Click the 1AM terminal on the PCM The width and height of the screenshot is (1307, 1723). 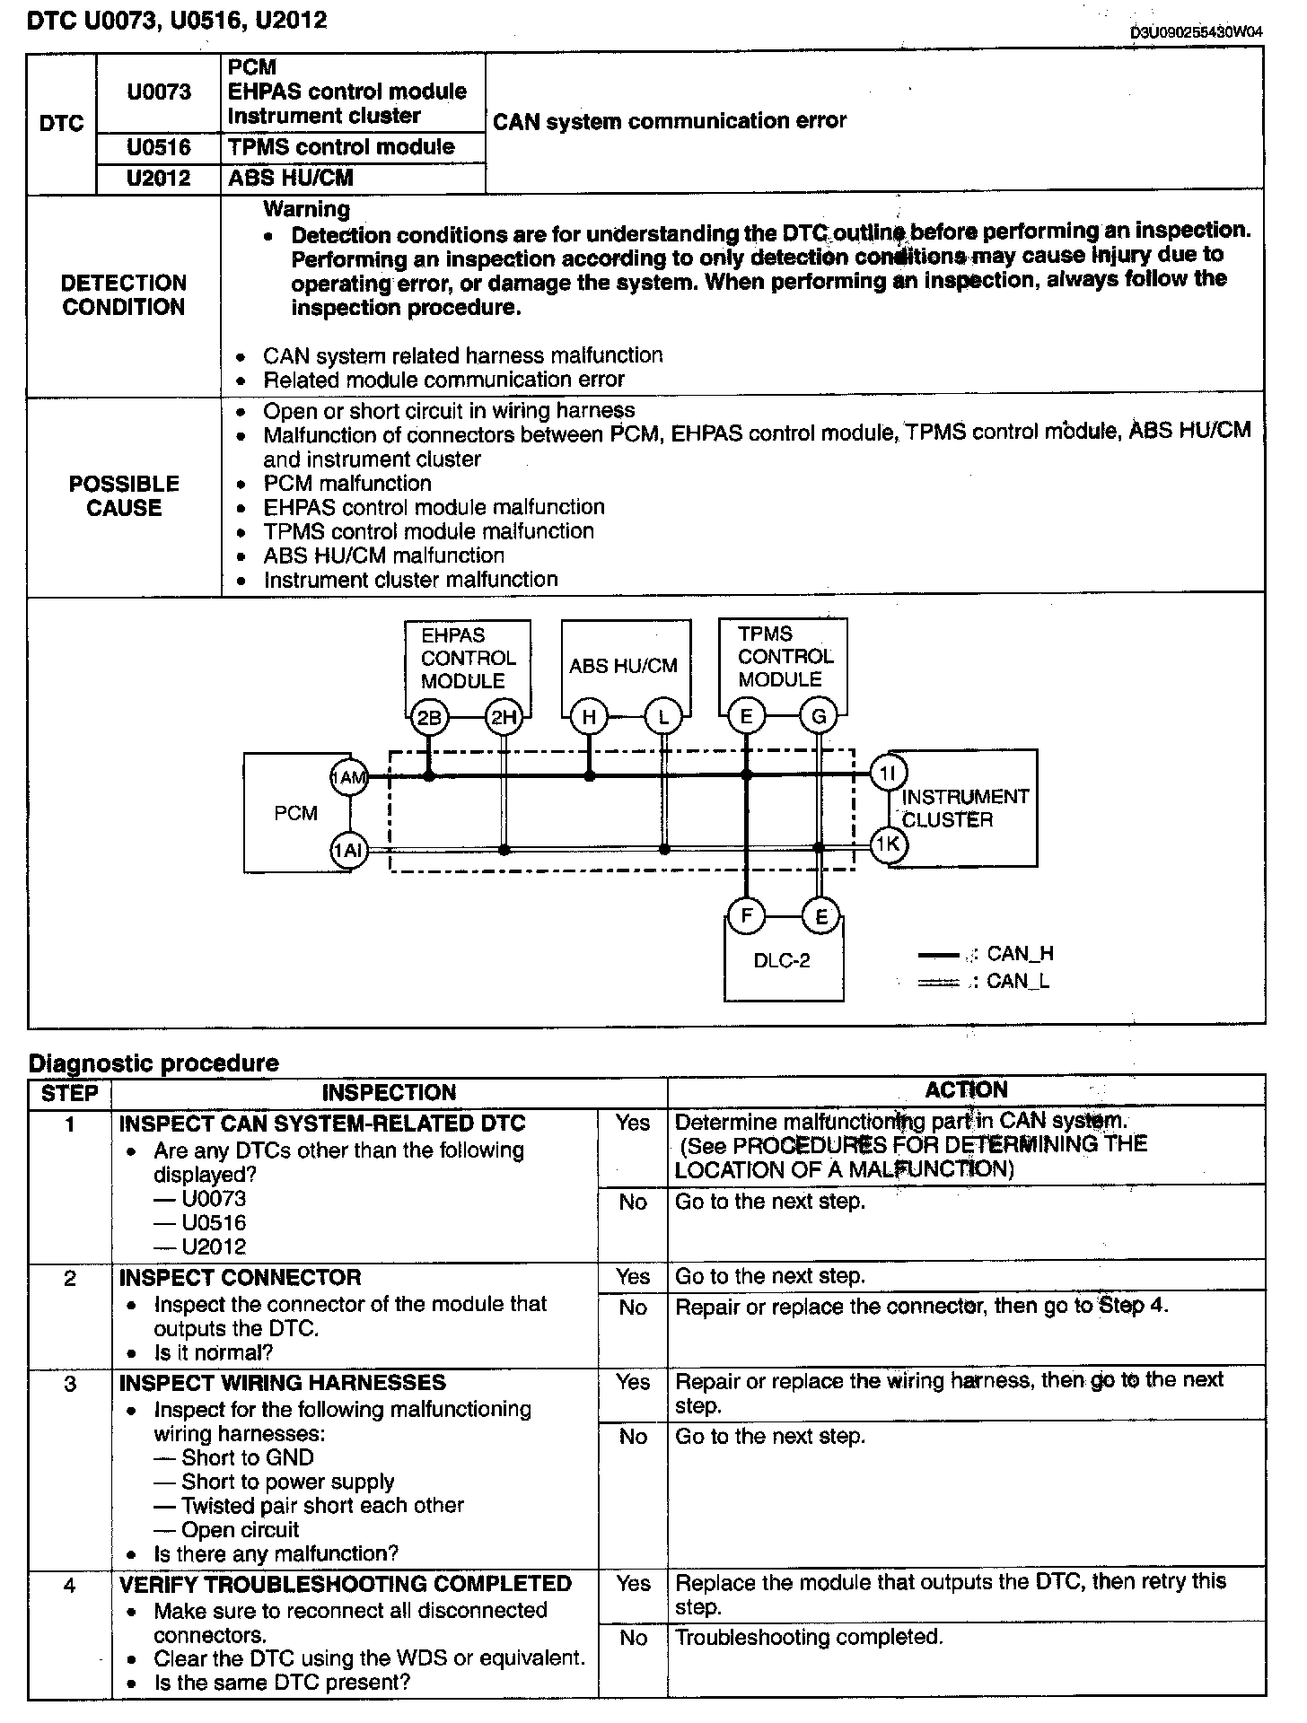[348, 777]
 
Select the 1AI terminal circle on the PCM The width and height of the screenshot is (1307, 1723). [348, 850]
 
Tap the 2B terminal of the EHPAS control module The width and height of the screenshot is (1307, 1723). [429, 717]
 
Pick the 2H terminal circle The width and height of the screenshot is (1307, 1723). [503, 717]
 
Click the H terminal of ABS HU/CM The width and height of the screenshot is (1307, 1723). [589, 717]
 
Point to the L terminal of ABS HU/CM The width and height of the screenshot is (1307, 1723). [663, 717]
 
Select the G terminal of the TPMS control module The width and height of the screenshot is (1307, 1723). [819, 717]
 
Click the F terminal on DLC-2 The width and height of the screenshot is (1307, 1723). [746, 916]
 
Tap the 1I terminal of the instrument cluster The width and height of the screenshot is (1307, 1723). [889, 773]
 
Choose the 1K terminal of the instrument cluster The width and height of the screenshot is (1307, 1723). [889, 844]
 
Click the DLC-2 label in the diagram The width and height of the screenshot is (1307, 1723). [782, 961]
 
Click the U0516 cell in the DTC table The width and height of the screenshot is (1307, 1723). [159, 147]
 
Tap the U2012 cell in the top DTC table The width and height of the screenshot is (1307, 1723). [159, 179]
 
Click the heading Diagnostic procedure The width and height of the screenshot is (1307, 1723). [154, 1063]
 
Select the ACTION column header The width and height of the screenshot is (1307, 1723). [966, 1090]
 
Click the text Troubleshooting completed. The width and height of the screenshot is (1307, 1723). [809, 1638]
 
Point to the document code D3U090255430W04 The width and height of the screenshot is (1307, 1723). [1197, 33]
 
